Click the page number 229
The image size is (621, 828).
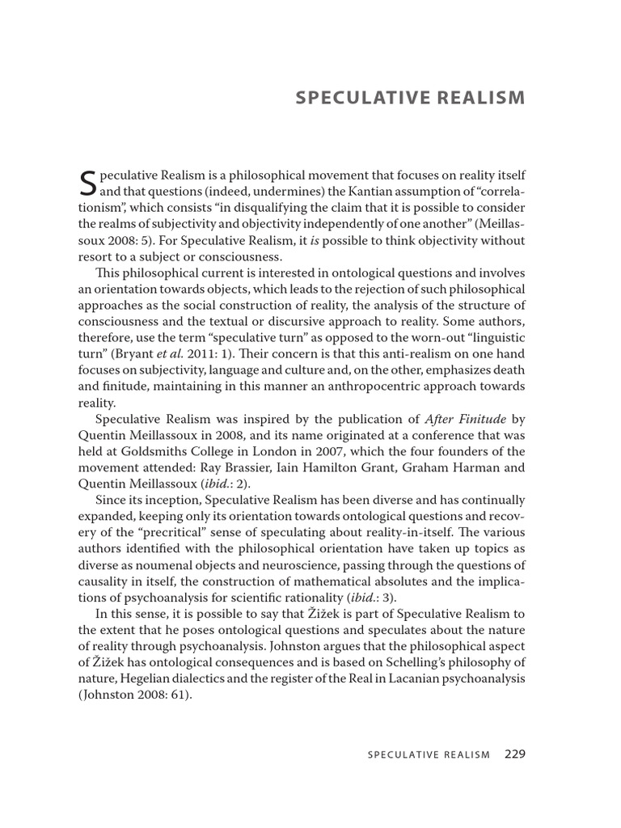tap(515, 754)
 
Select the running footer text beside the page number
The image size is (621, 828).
tap(429, 755)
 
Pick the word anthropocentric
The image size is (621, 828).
tap(344, 387)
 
